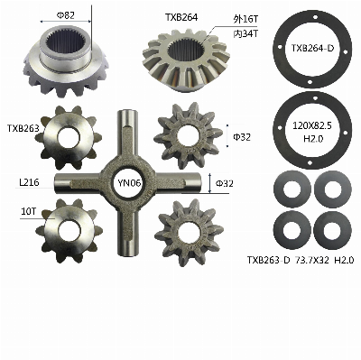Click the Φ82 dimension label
tap(65, 15)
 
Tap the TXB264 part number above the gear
tap(181, 18)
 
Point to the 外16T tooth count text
tap(245, 20)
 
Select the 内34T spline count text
tap(245, 33)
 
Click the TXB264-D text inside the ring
tap(312, 48)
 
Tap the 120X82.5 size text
tap(312, 126)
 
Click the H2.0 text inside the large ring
tap(312, 140)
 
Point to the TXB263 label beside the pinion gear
tap(23, 128)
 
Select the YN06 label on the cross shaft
tap(129, 183)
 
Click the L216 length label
tap(29, 182)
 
